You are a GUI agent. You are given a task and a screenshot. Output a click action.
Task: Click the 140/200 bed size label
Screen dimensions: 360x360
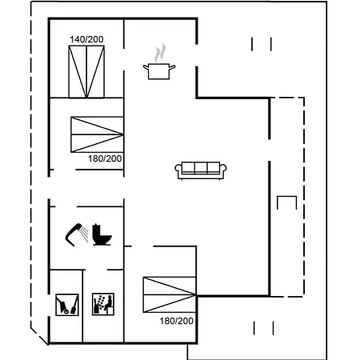(x=86, y=39)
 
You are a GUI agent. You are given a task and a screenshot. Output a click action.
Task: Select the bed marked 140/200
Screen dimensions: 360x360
(x=86, y=72)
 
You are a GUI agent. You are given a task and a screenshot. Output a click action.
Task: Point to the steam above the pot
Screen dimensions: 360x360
(x=160, y=53)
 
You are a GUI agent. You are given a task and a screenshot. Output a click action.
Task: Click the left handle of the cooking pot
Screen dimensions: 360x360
(x=146, y=66)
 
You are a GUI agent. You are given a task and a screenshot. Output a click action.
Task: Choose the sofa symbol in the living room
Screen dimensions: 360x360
(x=201, y=170)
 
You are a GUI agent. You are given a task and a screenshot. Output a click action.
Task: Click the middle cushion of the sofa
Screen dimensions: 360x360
(x=201, y=168)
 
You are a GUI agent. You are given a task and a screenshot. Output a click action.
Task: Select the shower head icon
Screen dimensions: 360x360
(x=77, y=234)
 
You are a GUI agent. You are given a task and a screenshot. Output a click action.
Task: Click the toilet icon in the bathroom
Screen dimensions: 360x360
(x=102, y=234)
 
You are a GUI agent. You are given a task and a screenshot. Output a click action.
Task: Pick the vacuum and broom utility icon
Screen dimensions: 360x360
(x=67, y=305)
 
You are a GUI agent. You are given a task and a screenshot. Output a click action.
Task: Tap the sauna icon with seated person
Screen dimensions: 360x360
(x=103, y=304)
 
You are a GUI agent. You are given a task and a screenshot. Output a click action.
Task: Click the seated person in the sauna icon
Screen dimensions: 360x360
(x=108, y=304)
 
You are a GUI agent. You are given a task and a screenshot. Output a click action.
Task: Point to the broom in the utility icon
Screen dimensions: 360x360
(x=74, y=305)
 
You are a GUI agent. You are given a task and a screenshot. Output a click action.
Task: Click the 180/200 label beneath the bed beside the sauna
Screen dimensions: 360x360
(x=177, y=321)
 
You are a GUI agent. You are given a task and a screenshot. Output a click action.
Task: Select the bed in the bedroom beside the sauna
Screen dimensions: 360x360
(x=170, y=294)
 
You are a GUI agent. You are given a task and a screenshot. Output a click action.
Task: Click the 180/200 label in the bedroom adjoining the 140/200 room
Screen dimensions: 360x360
(x=105, y=159)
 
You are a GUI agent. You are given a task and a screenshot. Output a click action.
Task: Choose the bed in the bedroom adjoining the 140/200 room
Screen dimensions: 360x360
(x=97, y=134)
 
